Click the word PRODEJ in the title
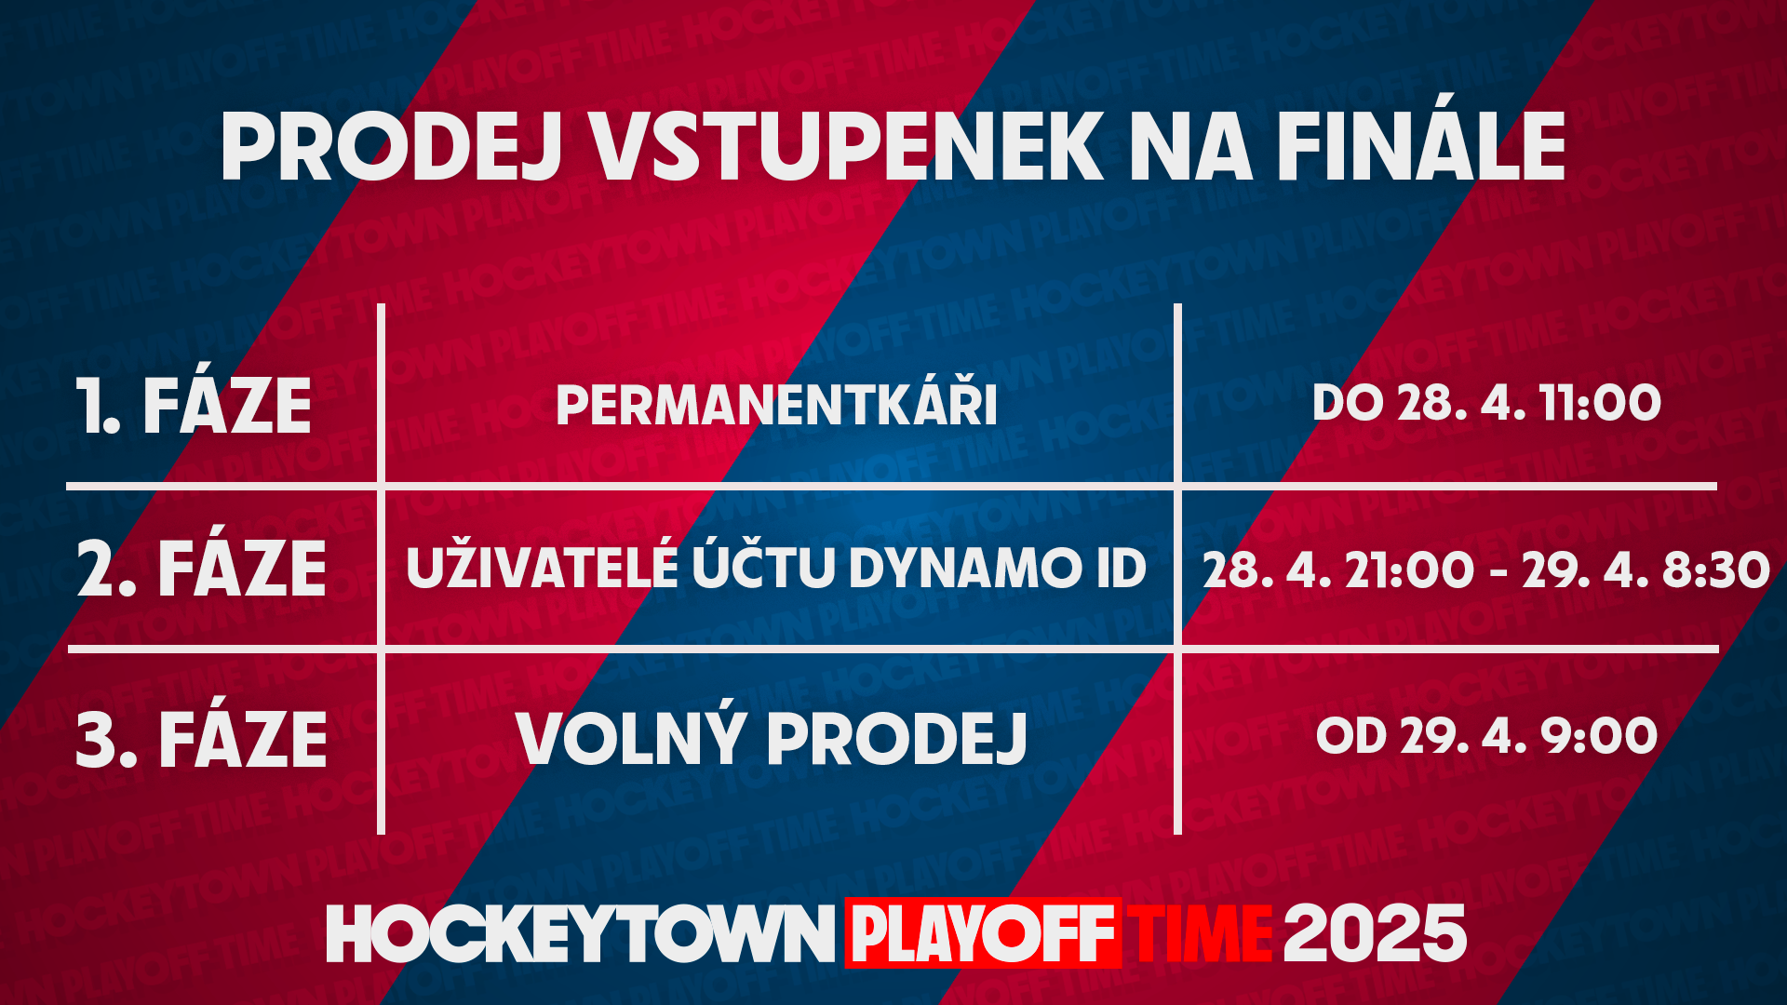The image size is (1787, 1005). coord(392,147)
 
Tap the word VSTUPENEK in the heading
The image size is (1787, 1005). coord(848,147)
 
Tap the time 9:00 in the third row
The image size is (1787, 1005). coord(1599,736)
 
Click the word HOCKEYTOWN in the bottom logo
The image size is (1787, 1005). coord(580,934)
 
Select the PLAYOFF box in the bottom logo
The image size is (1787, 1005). coord(983,933)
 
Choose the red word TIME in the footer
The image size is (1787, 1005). coord(1200,934)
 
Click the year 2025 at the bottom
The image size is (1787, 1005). coord(1375,933)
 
